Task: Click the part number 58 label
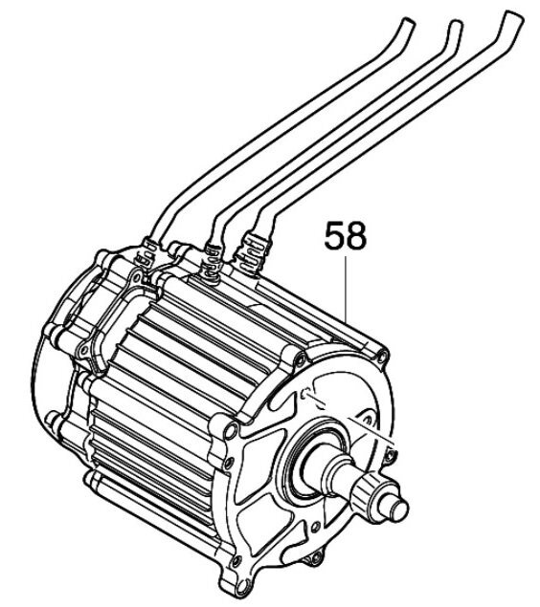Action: click(x=345, y=236)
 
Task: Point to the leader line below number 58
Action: click(x=345, y=291)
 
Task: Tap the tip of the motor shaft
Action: click(x=400, y=509)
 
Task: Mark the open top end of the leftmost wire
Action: click(x=409, y=24)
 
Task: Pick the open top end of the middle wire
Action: click(x=456, y=27)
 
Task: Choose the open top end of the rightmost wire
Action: click(x=514, y=17)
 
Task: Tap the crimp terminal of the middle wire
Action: click(x=211, y=260)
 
